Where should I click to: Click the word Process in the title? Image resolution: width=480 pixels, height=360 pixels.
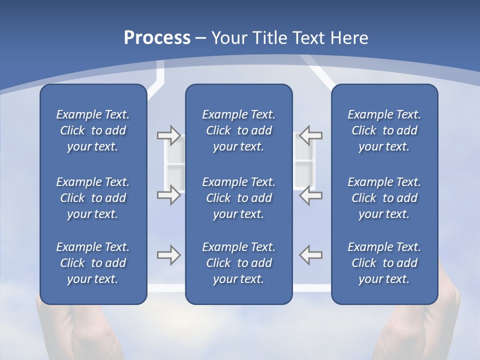coord(157,38)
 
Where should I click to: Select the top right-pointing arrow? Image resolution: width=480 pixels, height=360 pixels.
coord(168,135)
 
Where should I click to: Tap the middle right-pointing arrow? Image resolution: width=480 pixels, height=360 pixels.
coord(168,194)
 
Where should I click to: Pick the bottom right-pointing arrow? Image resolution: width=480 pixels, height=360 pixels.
coord(168,255)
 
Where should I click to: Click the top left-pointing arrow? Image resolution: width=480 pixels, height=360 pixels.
coord(311,135)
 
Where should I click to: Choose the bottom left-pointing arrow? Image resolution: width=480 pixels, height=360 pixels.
coord(311,255)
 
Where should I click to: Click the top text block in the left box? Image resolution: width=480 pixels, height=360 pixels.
coord(93,130)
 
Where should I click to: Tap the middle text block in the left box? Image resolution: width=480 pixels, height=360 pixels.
coord(93,198)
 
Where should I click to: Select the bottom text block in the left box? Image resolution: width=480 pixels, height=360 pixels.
coord(93,263)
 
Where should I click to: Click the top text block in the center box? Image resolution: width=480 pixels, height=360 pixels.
coord(239,130)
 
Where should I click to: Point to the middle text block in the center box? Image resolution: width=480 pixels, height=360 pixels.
coord(239,198)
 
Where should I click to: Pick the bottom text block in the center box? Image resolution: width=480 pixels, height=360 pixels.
coord(239,263)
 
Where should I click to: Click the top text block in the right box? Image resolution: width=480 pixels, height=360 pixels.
coord(384,130)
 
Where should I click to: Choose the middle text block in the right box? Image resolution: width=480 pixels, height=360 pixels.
coord(384,198)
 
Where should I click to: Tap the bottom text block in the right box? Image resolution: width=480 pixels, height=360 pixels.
coord(384,263)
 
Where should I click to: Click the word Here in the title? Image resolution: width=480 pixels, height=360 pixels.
coord(350,38)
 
